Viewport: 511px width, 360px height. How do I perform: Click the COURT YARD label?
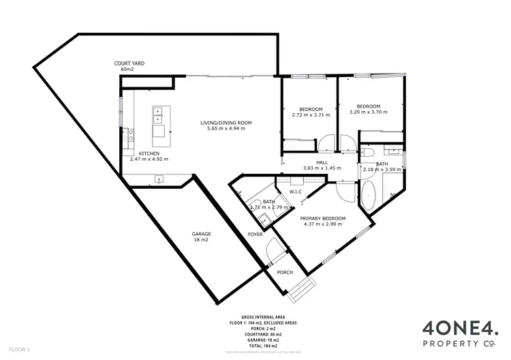point(129,63)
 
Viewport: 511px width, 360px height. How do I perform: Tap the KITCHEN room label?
point(149,153)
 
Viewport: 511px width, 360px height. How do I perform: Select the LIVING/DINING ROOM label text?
point(226,123)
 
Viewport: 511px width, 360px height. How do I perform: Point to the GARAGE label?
point(201,235)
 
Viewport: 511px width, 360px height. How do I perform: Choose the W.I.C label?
point(296,192)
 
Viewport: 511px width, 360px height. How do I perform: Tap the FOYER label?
point(255,234)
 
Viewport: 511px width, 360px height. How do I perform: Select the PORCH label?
point(285,272)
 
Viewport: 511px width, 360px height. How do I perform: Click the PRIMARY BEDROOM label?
point(323,218)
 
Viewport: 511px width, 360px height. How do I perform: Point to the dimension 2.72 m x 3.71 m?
point(311,115)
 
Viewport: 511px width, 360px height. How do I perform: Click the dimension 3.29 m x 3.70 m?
point(368,112)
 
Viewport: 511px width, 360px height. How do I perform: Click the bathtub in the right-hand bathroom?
point(371,196)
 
